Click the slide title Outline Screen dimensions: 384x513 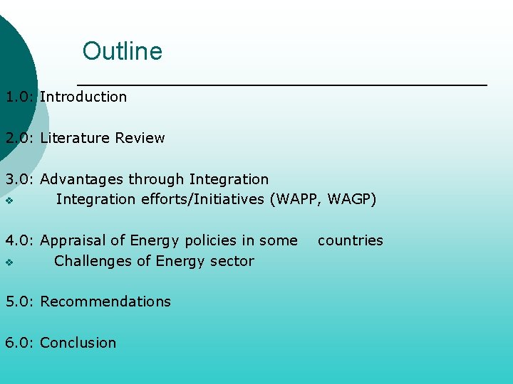point(122,51)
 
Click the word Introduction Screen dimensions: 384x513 point(83,97)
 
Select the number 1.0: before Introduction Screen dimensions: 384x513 point(20,97)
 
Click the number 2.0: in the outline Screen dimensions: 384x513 point(20,138)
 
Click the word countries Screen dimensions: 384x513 point(350,240)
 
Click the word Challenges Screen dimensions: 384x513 point(92,261)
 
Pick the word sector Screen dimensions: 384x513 point(232,261)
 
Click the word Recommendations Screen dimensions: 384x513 point(105,302)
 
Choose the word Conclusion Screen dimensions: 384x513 point(78,343)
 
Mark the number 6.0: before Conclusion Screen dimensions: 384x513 point(20,343)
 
